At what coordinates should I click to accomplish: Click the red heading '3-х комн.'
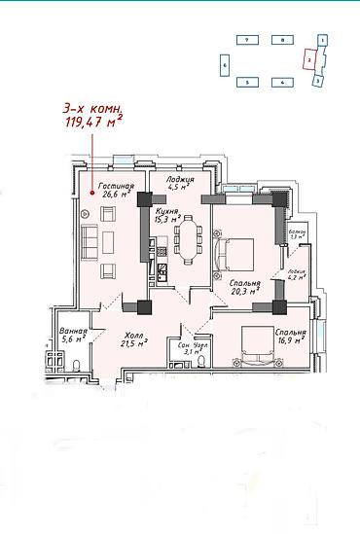click(x=92, y=110)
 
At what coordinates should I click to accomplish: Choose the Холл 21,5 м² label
click(x=133, y=337)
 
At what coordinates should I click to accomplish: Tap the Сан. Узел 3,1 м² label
click(x=185, y=348)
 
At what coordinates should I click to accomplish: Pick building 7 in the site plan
click(x=248, y=41)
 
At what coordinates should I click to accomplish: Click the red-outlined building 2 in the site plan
click(x=308, y=59)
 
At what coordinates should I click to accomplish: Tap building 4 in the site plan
click(x=281, y=83)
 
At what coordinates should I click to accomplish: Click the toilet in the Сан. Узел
click(x=200, y=361)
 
